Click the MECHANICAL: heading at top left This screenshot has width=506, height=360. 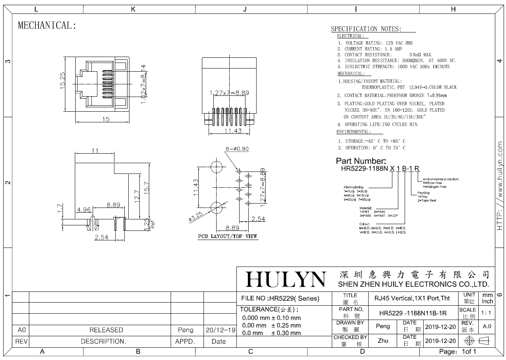coord(47,26)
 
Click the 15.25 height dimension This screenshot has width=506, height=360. coord(63,81)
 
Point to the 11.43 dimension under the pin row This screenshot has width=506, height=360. coord(233,131)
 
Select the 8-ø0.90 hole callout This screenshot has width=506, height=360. coord(237,149)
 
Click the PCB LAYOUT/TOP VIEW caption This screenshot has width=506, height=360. coord(228,236)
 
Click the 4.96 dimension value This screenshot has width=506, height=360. coord(84,210)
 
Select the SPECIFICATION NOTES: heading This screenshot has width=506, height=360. coord(366,29)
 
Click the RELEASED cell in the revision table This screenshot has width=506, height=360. coord(106,330)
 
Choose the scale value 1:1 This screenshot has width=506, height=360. coord(486,313)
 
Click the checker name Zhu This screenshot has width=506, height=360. coord(383,341)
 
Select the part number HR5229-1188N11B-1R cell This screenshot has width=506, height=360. coord(413,313)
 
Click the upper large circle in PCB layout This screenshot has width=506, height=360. coord(217,166)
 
